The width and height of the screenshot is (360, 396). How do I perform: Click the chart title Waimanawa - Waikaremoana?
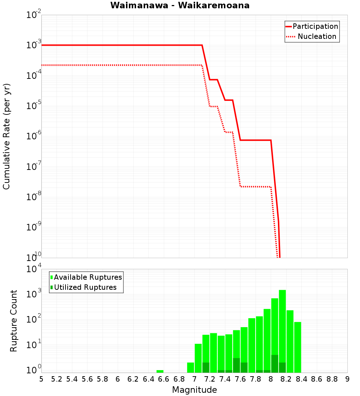(180, 5)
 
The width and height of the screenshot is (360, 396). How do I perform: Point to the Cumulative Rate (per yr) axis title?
(6, 136)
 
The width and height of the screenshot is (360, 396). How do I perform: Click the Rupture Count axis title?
(14, 320)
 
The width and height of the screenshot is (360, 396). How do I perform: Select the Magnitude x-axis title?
(194, 390)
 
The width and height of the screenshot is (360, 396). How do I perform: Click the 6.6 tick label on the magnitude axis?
(164, 379)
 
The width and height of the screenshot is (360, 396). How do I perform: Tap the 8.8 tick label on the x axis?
(332, 379)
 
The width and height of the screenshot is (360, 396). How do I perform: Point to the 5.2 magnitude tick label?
(57, 379)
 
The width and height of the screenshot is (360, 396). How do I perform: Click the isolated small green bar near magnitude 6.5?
(160, 371)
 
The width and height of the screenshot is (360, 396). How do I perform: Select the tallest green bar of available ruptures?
(282, 331)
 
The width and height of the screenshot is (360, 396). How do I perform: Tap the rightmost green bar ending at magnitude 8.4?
(297, 347)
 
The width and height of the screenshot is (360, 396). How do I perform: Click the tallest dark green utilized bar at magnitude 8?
(274, 364)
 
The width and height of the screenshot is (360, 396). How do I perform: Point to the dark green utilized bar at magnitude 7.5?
(236, 365)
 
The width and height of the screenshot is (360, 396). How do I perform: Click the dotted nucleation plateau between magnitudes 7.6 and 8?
(256, 186)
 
